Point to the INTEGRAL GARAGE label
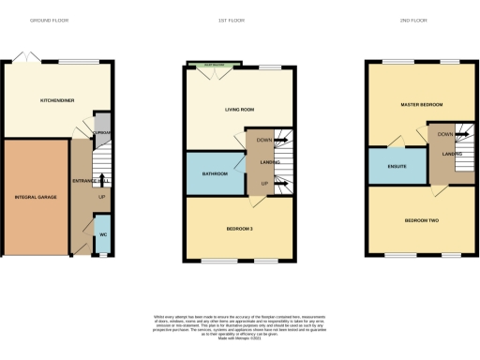click(x=35, y=198)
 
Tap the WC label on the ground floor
click(x=103, y=234)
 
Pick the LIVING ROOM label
click(x=240, y=110)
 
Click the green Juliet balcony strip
click(x=213, y=65)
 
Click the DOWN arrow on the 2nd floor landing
click(x=461, y=134)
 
